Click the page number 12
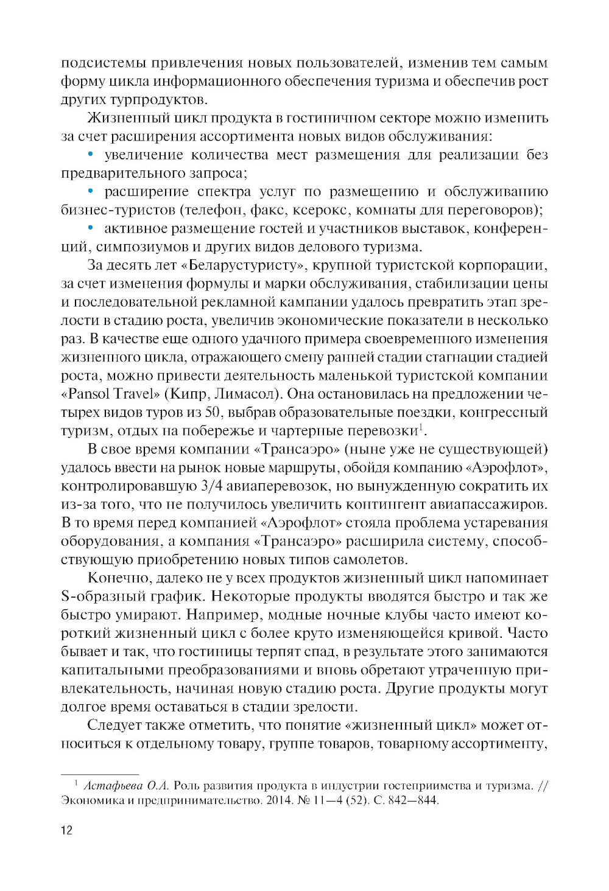66,830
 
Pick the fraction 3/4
212,486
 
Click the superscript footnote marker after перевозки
419,427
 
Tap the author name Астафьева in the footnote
110,785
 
